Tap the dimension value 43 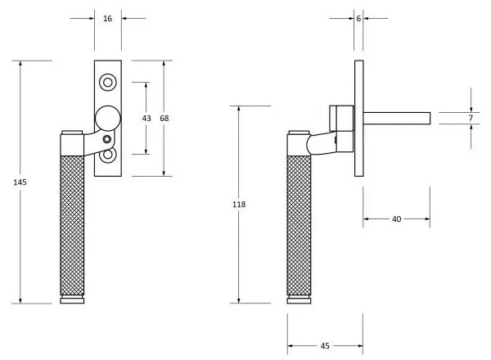click(x=146, y=119)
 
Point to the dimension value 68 click(x=164, y=119)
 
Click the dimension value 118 click(x=238, y=204)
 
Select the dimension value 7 click(x=471, y=119)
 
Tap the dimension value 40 click(x=397, y=218)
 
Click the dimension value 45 click(x=325, y=346)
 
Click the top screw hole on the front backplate click(x=108, y=82)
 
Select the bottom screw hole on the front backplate click(x=108, y=155)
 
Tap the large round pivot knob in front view click(x=107, y=119)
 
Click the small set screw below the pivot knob click(x=107, y=140)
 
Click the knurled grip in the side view click(x=300, y=221)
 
